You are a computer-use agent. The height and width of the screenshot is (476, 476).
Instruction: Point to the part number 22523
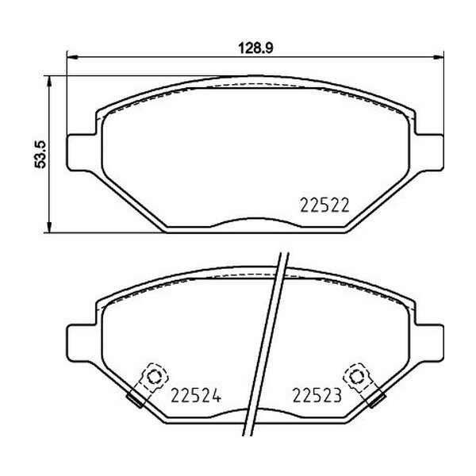tap(317, 393)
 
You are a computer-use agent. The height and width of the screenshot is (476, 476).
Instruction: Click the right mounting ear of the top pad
tap(427, 150)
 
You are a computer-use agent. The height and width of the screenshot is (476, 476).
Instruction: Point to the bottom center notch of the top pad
tap(252, 225)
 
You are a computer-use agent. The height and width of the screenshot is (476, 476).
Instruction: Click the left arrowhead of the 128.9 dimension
tap(72, 56)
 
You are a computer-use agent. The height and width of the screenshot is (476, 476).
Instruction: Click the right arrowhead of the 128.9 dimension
tap(436, 56)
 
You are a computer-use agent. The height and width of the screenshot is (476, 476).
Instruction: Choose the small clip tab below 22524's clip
tap(136, 401)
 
